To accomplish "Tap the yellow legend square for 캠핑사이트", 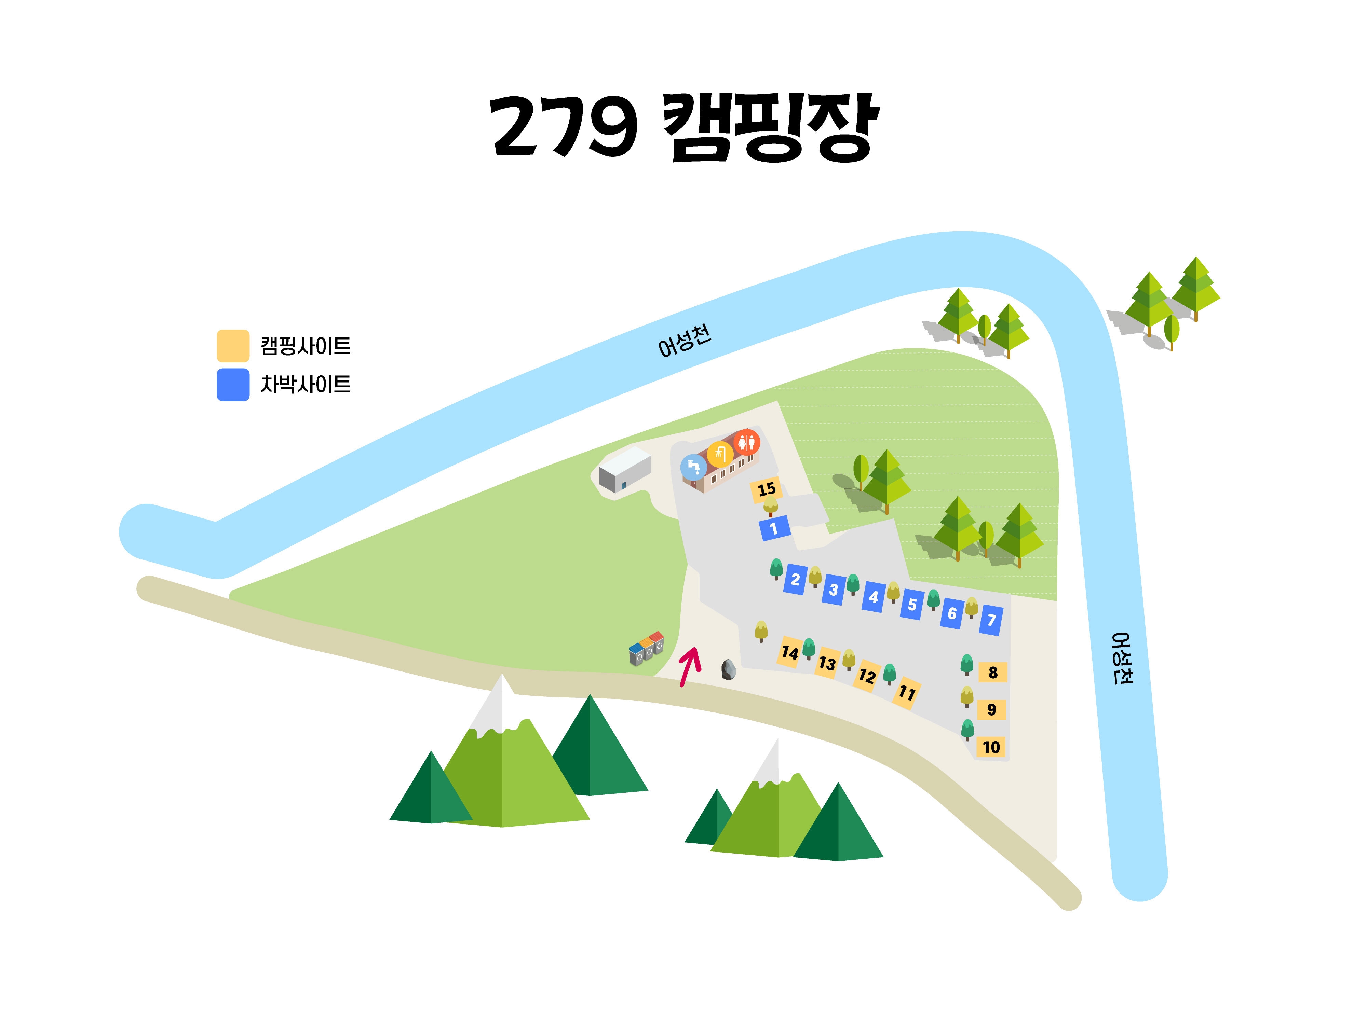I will coord(233,346).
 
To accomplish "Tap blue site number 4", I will coord(874,597).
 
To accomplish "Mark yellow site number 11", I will coord(907,693).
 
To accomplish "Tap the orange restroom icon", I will coord(747,442).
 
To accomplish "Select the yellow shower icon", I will coord(720,454).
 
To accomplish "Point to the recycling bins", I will coord(647,648).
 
